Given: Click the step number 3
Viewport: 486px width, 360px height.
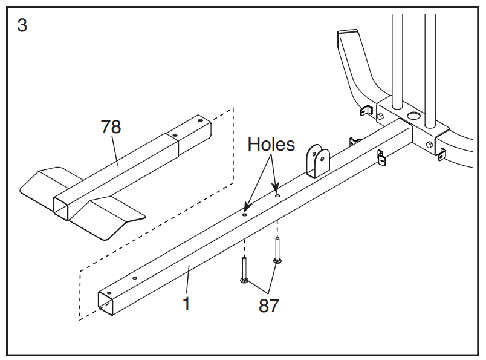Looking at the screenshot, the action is coord(22,25).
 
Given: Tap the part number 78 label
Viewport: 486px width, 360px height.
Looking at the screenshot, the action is coord(111,126).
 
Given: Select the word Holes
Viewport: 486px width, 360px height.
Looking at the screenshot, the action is coord(271,145).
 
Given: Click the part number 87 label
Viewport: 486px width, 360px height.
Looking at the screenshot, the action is coord(269,306).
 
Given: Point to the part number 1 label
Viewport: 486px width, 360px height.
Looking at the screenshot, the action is coord(186,303).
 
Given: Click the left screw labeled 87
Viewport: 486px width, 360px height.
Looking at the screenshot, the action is coord(245,270).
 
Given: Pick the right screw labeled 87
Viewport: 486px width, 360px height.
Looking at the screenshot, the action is coord(277,250).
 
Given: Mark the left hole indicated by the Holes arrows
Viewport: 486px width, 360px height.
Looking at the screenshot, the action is coord(245,214).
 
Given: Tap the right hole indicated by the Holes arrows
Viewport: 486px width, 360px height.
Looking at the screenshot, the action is coord(277,196).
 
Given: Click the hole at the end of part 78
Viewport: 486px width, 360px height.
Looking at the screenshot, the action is coord(200,120).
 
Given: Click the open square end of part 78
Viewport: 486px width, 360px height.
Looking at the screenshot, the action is coord(60,209).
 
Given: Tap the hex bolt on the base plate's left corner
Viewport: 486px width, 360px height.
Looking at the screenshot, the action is coord(380,117).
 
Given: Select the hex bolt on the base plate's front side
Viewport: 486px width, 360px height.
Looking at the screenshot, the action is coord(430,145).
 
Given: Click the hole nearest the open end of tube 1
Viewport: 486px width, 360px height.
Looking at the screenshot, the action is coord(109,293).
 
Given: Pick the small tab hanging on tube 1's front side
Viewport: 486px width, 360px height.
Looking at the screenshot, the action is coord(381,158).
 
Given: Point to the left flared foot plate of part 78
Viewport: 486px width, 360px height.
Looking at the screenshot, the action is coord(47,183).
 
